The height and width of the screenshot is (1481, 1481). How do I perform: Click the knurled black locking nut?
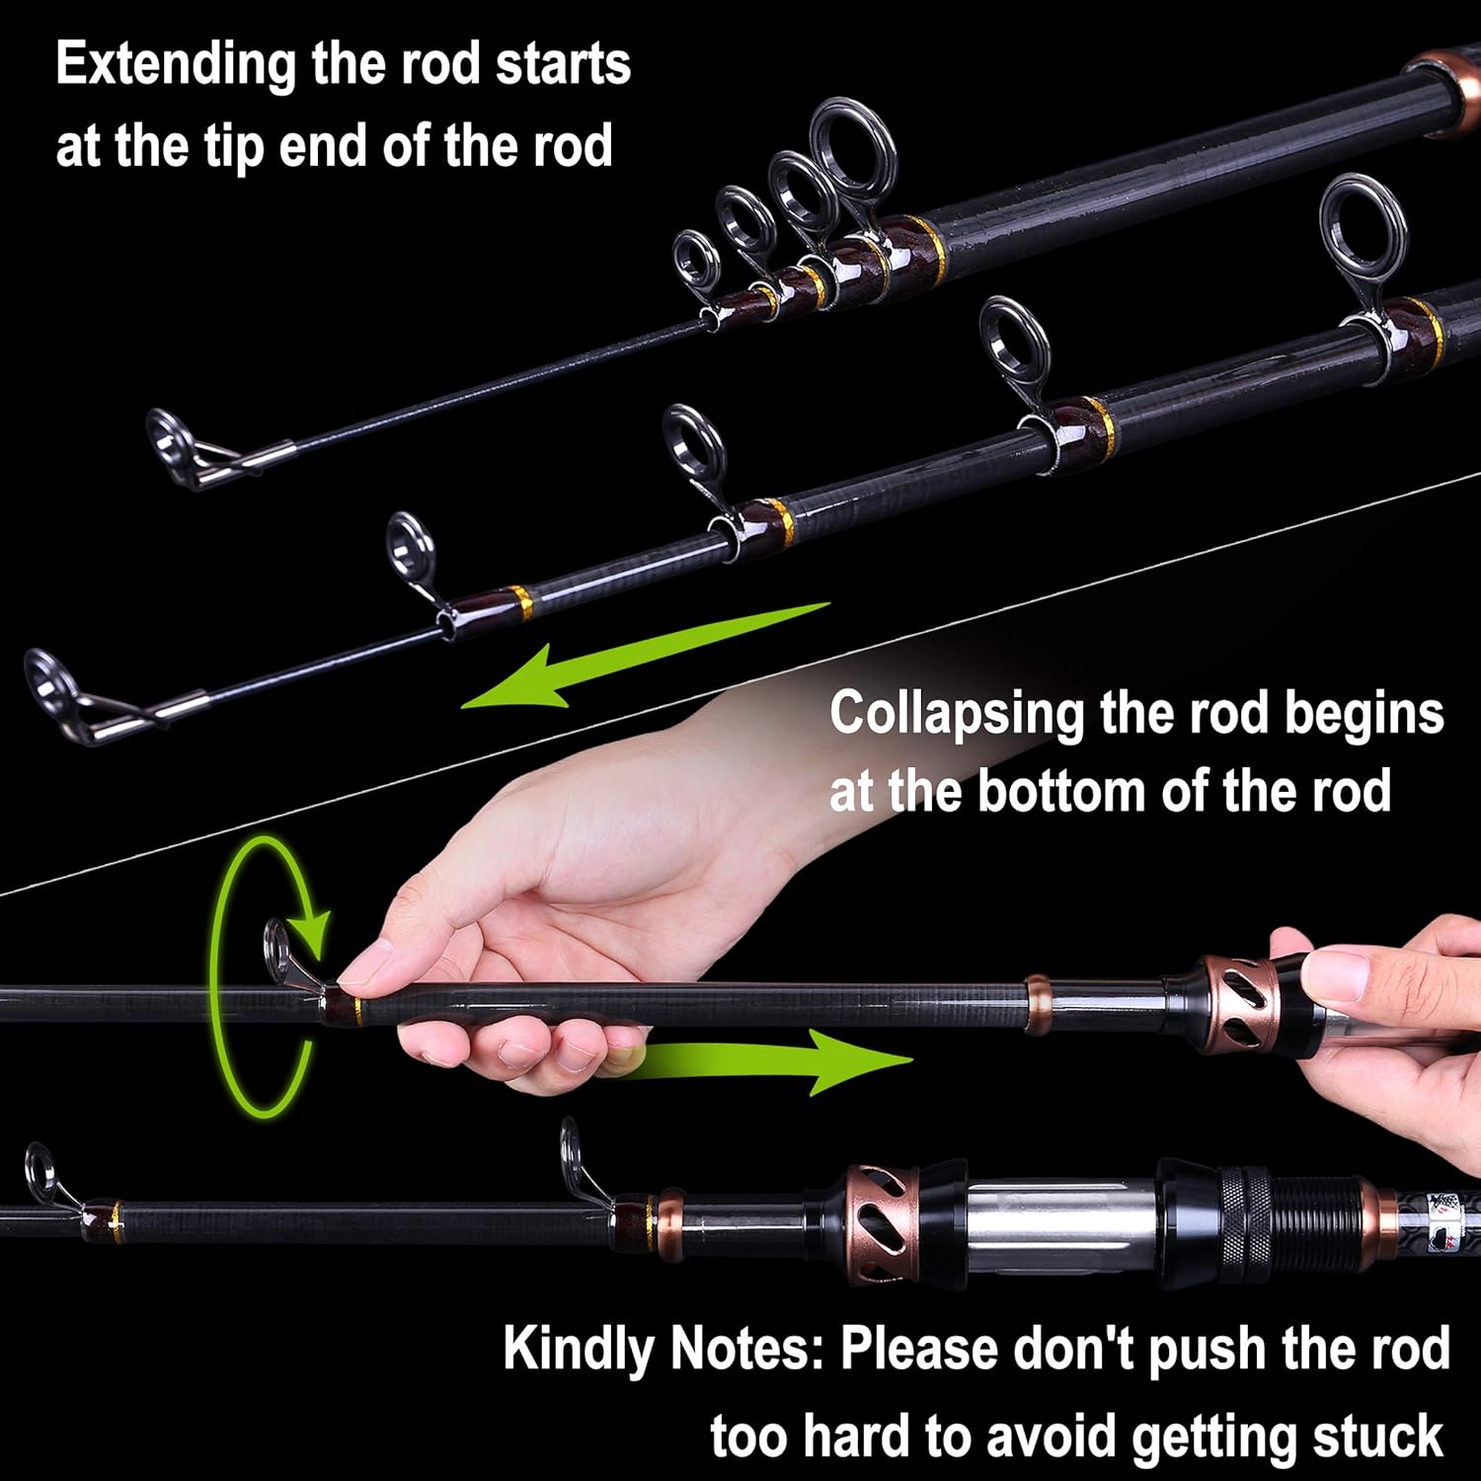[x=1245, y=1223]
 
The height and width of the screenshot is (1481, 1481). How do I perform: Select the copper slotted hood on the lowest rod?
[x=882, y=1223]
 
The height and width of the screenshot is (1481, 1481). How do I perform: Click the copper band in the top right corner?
[x=1444, y=89]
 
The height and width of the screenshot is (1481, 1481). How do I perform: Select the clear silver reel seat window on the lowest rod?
[x=1056, y=1225]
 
